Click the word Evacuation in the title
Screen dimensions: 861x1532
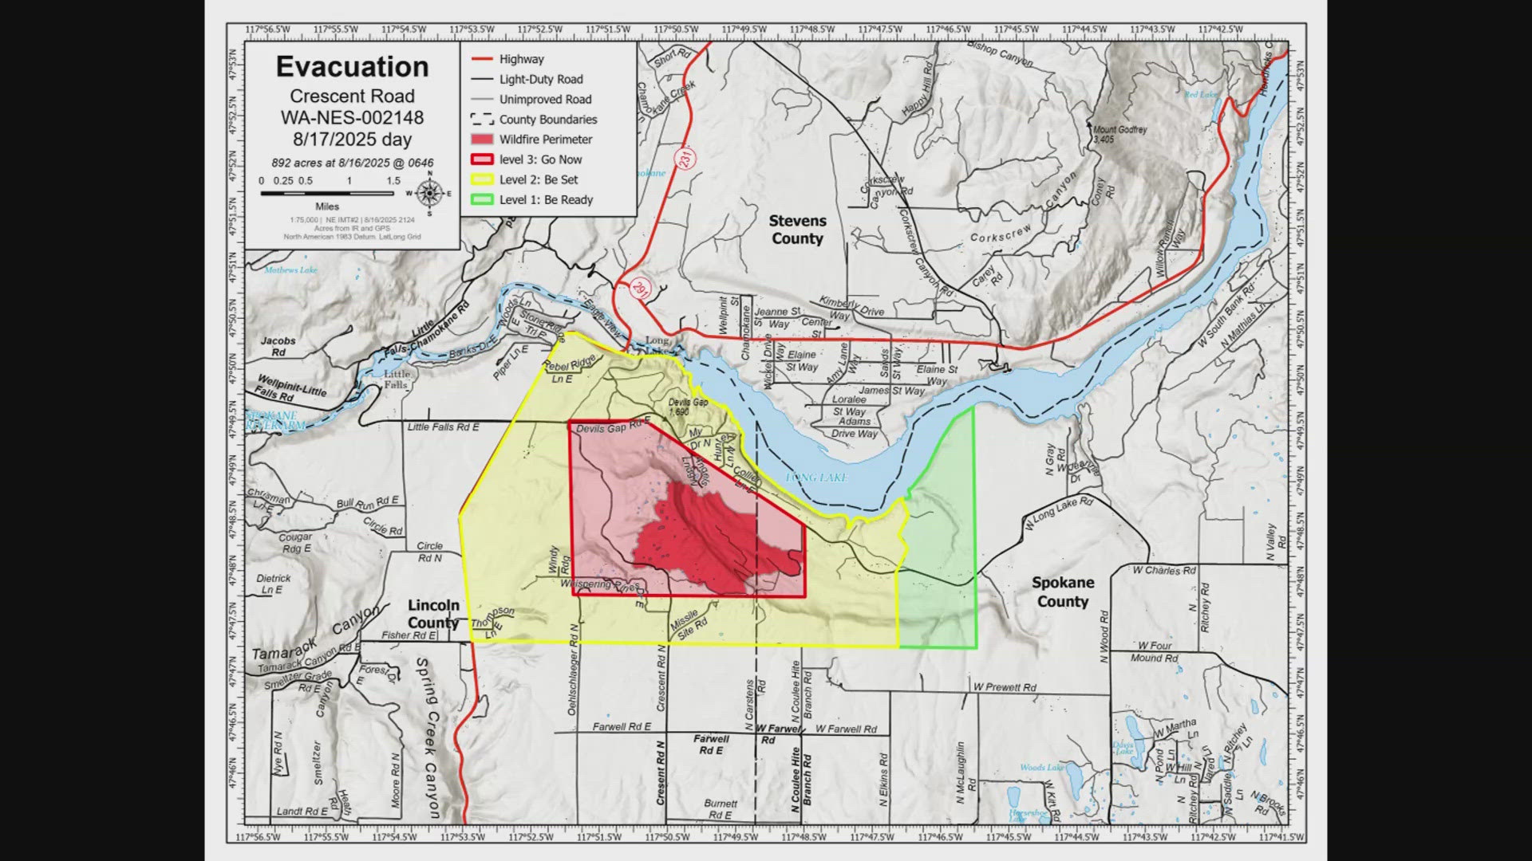tap(352, 67)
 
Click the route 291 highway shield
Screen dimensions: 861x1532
tap(639, 289)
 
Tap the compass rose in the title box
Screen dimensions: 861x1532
tap(429, 193)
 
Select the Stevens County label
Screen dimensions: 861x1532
tap(797, 230)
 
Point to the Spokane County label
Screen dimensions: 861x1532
tap(1062, 592)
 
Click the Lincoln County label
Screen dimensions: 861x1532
tap(433, 614)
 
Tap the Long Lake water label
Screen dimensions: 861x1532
tap(815, 478)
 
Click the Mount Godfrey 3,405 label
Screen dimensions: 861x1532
tap(1119, 134)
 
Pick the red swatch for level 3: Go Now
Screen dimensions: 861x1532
tap(482, 159)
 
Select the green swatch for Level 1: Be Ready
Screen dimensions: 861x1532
tap(482, 199)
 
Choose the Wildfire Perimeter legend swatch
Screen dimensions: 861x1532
tap(482, 140)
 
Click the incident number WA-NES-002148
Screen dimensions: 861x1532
tap(352, 118)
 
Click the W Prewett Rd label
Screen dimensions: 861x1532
tap(1004, 686)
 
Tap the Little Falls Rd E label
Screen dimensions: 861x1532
tap(443, 427)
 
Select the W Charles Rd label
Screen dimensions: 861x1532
tap(1164, 570)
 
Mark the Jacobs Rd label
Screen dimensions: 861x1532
tap(278, 346)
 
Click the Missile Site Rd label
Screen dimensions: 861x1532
tap(688, 625)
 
